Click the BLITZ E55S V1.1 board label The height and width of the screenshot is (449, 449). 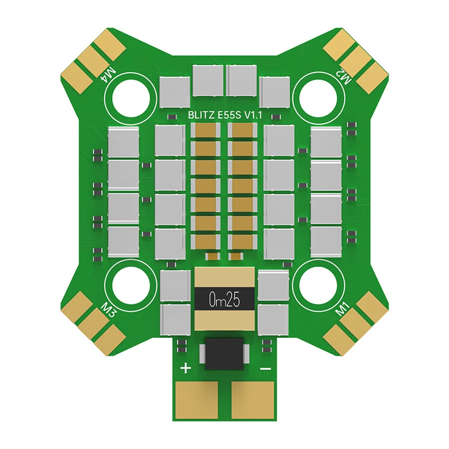[x=225, y=115]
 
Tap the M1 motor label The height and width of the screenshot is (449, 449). [x=343, y=309]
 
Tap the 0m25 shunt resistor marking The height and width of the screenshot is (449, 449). [x=224, y=300]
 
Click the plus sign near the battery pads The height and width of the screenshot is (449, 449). [x=186, y=368]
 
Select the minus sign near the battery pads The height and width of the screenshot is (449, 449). [x=265, y=369]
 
